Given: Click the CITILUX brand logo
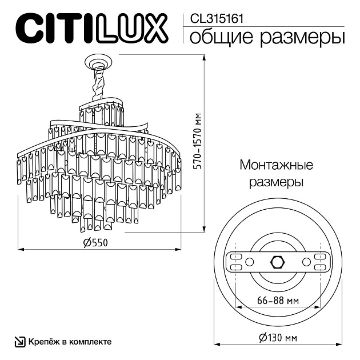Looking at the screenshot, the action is tap(92, 28).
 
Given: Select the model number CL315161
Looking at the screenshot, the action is tap(217, 19).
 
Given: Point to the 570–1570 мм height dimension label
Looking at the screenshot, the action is tap(197, 141).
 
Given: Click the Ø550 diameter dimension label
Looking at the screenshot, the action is tap(95, 242).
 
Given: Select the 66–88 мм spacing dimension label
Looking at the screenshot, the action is tap(278, 300).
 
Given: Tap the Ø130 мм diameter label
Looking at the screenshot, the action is tap(278, 338).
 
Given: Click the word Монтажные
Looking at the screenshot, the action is tap(277, 165).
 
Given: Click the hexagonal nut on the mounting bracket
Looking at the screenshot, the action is tap(278, 262).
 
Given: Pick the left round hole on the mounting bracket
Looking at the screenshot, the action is tap(249, 262).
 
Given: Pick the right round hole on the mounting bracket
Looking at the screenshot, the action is tap(306, 262).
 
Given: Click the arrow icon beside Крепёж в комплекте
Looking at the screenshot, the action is tap(20, 342).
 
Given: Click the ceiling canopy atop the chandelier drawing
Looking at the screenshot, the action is tap(99, 62).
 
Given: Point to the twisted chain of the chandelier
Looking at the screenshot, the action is tap(99, 85).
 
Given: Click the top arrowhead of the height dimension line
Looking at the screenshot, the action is tap(203, 57).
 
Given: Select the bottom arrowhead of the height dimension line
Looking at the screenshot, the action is tap(203, 229).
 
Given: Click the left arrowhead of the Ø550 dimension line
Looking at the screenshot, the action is tap(21, 249).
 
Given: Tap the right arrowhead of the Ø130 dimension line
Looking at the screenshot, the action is tap(339, 344).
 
